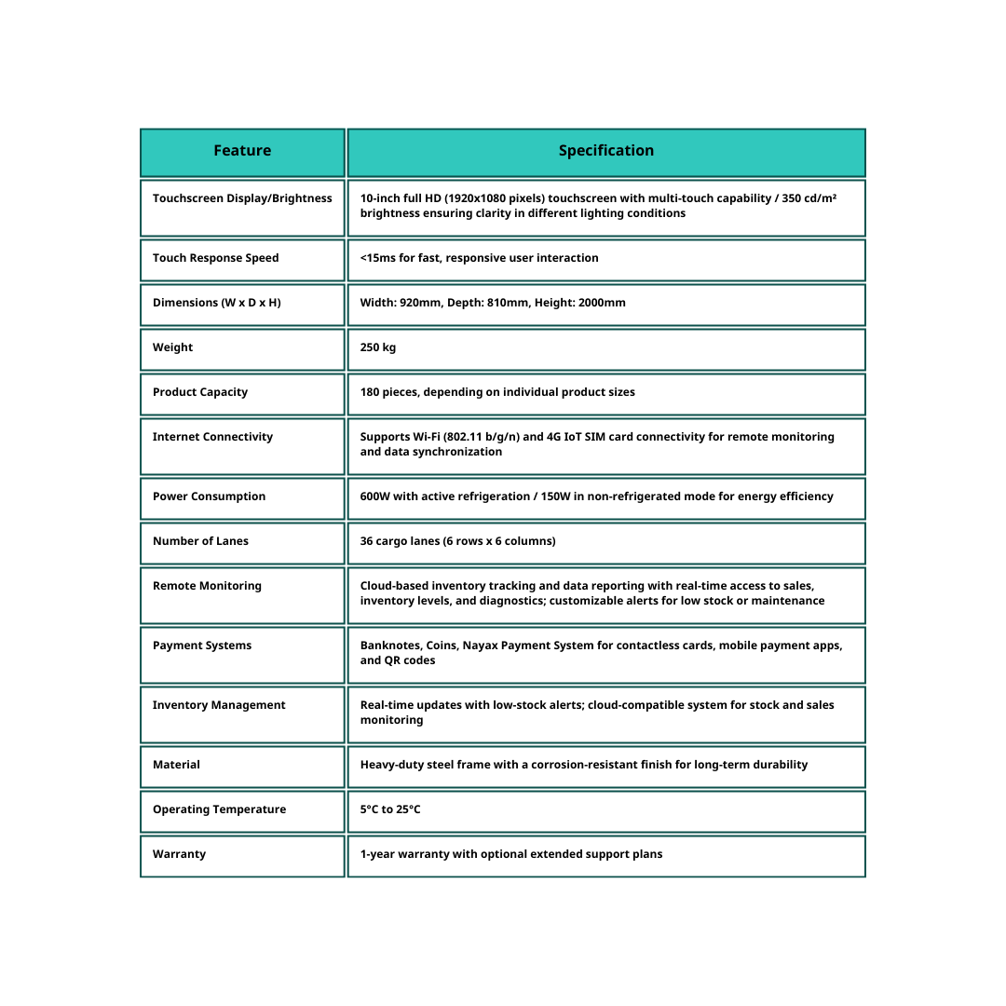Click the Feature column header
click(242, 151)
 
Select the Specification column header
click(605, 151)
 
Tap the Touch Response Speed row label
click(215, 258)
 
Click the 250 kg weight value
click(377, 347)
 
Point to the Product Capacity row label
click(200, 392)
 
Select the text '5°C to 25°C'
click(390, 809)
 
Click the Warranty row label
click(179, 854)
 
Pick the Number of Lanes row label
click(200, 541)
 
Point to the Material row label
click(176, 765)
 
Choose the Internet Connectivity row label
click(212, 437)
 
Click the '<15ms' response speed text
click(377, 258)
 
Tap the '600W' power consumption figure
click(375, 496)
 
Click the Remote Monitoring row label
click(207, 586)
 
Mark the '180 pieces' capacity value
click(389, 392)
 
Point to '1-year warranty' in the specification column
click(403, 854)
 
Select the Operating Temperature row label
click(219, 809)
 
